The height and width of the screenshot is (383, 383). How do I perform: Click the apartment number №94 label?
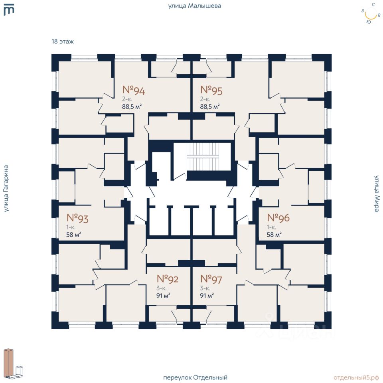click(x=133, y=91)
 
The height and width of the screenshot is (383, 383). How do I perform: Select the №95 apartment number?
click(x=211, y=91)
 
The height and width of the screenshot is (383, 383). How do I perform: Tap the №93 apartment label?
click(x=77, y=218)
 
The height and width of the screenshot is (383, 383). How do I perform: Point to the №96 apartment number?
click(x=278, y=218)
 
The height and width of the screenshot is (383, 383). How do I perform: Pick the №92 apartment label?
click(x=167, y=278)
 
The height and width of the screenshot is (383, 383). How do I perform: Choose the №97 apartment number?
click(x=211, y=278)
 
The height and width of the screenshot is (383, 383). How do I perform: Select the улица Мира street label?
click(x=377, y=193)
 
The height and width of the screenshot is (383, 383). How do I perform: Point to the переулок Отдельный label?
click(x=195, y=377)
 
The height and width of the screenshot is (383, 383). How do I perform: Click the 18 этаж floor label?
click(x=63, y=41)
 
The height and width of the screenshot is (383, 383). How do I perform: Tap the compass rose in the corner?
click(x=371, y=14)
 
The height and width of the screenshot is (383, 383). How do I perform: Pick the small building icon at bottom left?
click(x=14, y=363)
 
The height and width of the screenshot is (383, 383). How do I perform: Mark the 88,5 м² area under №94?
click(x=132, y=106)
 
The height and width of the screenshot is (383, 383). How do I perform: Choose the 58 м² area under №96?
click(x=274, y=235)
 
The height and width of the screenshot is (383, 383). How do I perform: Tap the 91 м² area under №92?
click(x=164, y=296)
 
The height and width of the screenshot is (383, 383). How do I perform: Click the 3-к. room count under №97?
click(x=205, y=288)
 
